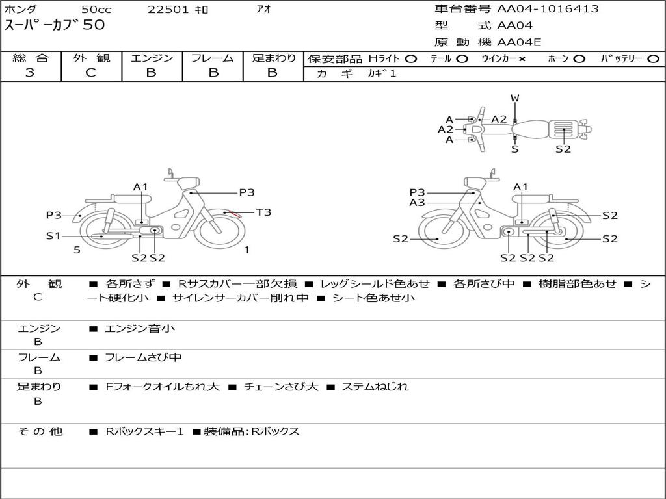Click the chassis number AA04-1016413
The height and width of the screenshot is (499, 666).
[x=548, y=9]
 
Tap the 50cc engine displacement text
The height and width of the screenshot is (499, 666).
[x=96, y=10]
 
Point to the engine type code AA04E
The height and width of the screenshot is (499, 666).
[x=519, y=43]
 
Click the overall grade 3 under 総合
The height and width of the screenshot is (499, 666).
[x=30, y=73]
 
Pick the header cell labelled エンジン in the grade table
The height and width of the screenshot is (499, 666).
[x=152, y=58]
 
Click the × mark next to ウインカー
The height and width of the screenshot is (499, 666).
[x=522, y=58]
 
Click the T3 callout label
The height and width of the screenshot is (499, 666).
[x=263, y=212]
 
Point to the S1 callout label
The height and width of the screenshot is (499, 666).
[x=53, y=236]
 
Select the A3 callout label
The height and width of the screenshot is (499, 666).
[x=417, y=203]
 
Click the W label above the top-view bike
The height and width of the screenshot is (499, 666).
[x=514, y=98]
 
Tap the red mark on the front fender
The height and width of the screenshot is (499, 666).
[x=231, y=212]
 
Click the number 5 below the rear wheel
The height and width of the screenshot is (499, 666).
[x=77, y=250]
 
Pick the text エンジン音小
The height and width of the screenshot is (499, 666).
[x=140, y=329]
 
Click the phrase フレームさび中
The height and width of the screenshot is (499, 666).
[x=143, y=357]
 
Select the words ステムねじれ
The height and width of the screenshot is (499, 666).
[x=375, y=387]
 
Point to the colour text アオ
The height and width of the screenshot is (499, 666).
[x=263, y=9]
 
